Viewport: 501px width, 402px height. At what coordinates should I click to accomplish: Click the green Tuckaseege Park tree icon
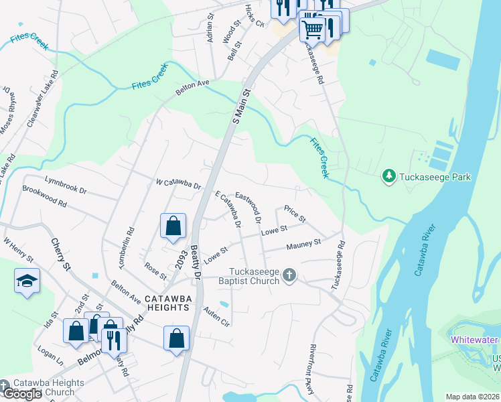point(388,177)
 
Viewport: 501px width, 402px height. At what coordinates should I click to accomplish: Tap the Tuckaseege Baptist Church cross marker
point(289,275)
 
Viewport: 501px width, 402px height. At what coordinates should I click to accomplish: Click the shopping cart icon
point(312,28)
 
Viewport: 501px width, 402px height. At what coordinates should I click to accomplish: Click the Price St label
point(295,214)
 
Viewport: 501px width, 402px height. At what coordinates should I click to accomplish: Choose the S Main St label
point(240,107)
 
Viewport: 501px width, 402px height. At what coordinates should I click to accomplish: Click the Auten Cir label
point(217,313)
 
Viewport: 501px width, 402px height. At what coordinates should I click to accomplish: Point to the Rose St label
point(155,271)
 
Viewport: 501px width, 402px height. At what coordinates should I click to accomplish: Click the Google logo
point(22,395)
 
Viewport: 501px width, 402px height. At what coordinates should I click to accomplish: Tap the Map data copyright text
point(472,397)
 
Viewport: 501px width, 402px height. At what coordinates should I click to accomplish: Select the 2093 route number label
point(179,259)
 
